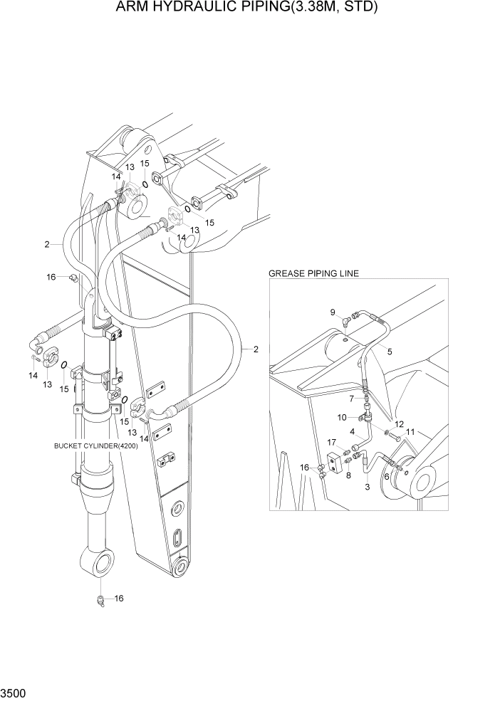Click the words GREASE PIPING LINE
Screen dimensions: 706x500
pos(313,273)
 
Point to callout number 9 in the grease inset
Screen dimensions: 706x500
pos(332,312)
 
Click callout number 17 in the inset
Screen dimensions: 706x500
pos(332,442)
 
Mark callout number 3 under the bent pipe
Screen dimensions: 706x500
pos(367,487)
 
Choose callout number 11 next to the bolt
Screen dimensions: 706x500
pos(410,431)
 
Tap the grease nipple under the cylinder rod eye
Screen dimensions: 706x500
pos(101,602)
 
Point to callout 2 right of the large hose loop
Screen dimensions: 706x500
pos(254,349)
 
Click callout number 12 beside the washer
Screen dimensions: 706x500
pos(399,423)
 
